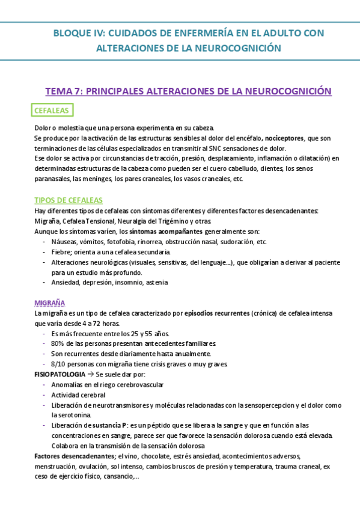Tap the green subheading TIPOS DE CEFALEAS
click(x=69, y=200)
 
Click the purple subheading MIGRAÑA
click(x=50, y=303)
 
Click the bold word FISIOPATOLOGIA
click(x=59, y=374)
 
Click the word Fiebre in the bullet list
click(x=61, y=251)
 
